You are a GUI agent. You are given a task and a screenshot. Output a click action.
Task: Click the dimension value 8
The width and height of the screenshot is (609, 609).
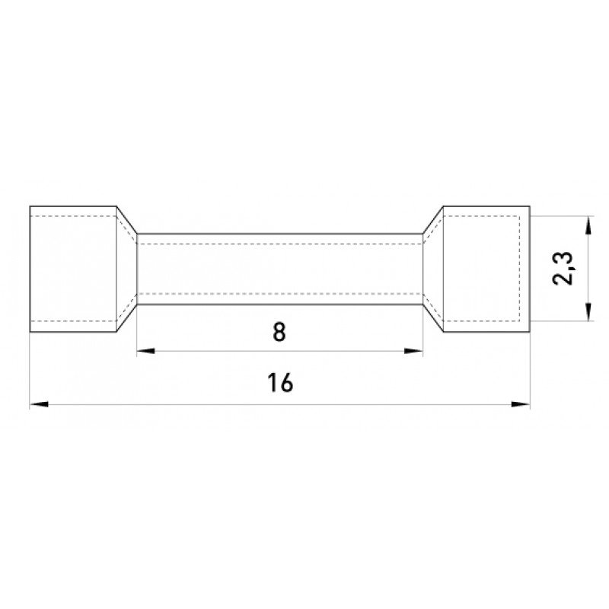(x=279, y=333)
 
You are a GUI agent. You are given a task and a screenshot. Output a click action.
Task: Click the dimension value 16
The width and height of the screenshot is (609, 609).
(x=280, y=383)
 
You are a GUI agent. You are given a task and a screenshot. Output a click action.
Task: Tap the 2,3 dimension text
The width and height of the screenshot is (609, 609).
(x=563, y=269)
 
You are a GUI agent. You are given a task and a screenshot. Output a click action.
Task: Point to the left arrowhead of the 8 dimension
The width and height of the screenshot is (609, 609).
(x=145, y=351)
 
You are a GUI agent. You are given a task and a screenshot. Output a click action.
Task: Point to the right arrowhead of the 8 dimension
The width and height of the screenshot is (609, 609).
(x=413, y=351)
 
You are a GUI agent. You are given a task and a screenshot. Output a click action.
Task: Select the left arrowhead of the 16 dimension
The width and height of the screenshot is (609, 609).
(x=39, y=404)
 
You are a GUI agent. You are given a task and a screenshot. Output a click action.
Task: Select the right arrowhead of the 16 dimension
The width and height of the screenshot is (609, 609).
(x=521, y=404)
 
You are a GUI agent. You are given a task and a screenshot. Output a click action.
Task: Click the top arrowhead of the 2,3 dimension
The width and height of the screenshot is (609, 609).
(x=588, y=225)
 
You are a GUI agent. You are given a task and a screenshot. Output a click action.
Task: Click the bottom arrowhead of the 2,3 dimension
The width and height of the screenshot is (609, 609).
(x=588, y=312)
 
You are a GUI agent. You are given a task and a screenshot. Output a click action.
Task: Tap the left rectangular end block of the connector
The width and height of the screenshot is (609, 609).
(x=73, y=269)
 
